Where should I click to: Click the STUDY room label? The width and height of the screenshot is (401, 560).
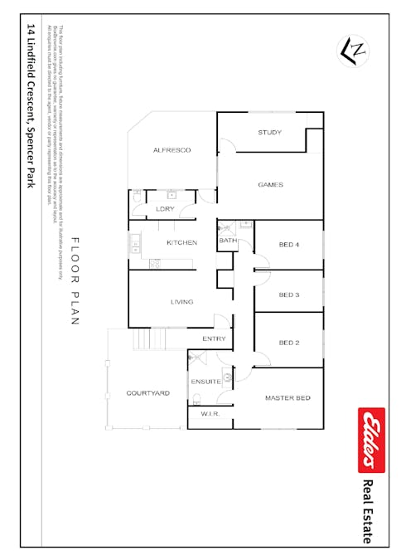(x=269, y=132)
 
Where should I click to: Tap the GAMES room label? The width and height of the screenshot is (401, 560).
(x=271, y=184)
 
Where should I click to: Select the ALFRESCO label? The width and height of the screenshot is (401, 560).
(x=172, y=150)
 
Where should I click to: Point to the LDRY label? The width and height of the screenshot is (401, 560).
(x=165, y=209)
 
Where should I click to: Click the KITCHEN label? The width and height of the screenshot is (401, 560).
(x=181, y=242)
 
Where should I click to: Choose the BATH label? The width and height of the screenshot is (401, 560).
(x=227, y=241)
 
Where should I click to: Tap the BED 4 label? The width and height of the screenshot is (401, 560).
(x=288, y=245)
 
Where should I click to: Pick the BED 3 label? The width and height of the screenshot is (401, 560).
(x=288, y=295)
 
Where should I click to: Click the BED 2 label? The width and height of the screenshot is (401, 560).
(x=288, y=343)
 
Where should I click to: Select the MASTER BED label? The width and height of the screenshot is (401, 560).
(x=287, y=398)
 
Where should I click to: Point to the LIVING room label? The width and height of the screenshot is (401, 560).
(x=182, y=301)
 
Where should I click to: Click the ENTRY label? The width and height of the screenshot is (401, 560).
(x=214, y=338)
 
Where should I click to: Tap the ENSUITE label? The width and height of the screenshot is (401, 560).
(x=205, y=381)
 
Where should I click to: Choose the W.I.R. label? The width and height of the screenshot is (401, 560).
(x=210, y=413)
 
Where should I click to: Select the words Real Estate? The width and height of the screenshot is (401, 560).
(x=370, y=512)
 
